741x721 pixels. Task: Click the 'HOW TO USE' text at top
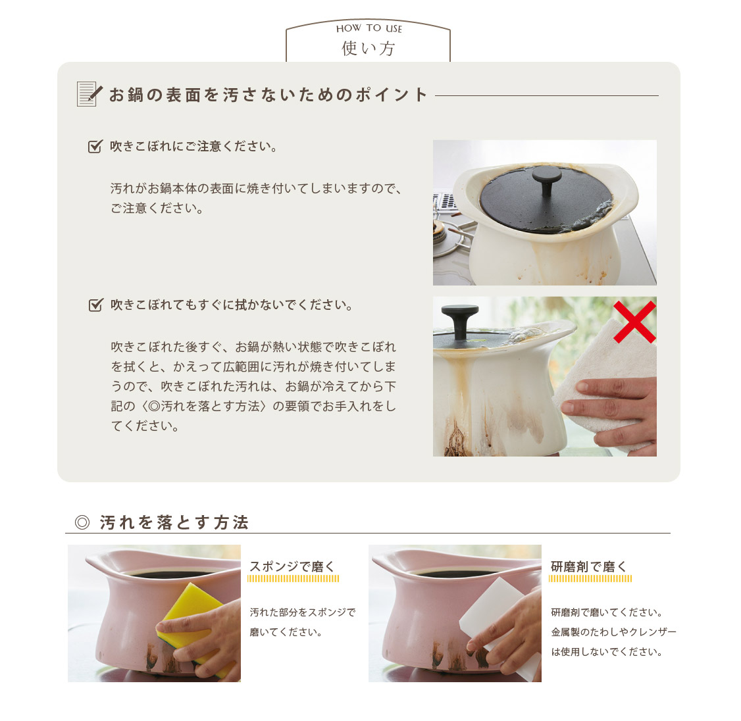(x=369, y=28)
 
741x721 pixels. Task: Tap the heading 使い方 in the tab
(x=368, y=49)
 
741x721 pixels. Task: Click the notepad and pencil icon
(x=89, y=94)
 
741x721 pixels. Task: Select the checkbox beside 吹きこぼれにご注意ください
(x=95, y=146)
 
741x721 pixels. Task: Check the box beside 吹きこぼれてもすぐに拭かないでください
(x=95, y=305)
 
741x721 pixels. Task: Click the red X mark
(x=634, y=322)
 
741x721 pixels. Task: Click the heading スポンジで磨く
(x=292, y=566)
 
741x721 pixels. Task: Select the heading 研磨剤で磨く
(x=589, y=566)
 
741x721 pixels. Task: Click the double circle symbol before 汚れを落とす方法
(x=82, y=522)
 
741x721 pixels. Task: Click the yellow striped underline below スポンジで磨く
(x=293, y=579)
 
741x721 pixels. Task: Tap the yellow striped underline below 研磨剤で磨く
(x=590, y=579)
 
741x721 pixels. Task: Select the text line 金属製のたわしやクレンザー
(x=613, y=632)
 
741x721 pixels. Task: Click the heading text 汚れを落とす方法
(x=174, y=522)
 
